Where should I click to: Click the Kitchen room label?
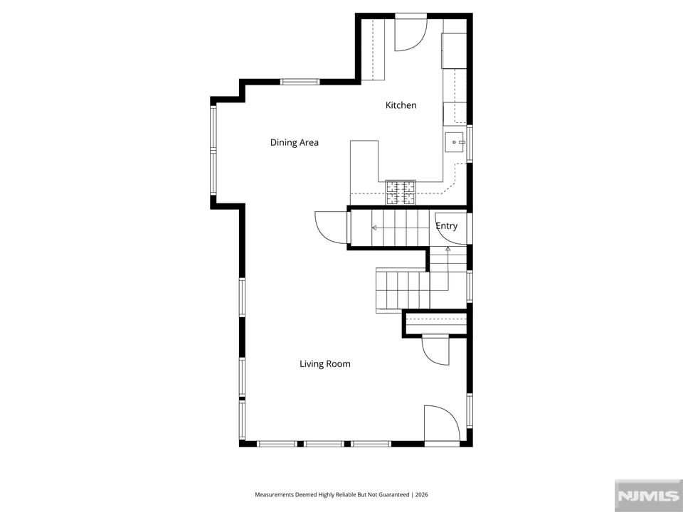tap(401, 105)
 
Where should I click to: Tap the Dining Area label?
tap(295, 142)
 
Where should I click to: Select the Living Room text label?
tap(325, 364)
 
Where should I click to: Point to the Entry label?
tap(447, 226)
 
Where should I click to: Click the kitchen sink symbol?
tap(455, 142)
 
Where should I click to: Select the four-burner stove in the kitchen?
tap(401, 193)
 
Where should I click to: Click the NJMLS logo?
tap(648, 496)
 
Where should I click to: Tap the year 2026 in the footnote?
tap(421, 495)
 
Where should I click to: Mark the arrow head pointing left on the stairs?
tap(374, 228)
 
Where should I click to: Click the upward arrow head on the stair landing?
tap(448, 249)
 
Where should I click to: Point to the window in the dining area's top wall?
tap(300, 82)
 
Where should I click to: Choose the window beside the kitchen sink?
tap(470, 144)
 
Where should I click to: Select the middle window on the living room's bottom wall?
tap(324, 444)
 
